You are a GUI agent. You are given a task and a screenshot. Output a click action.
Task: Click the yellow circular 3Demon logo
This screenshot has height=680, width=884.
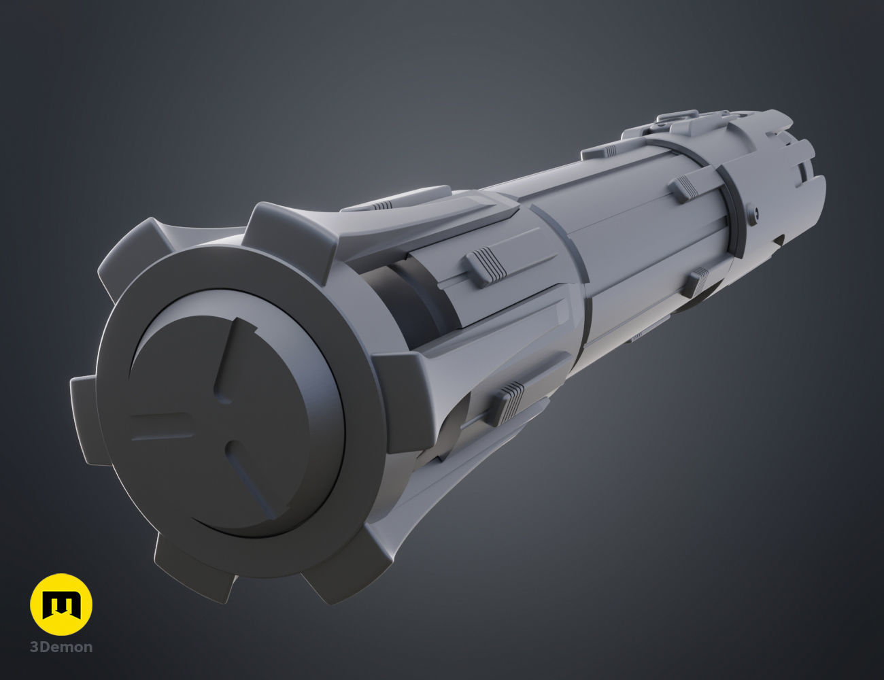click(61, 604)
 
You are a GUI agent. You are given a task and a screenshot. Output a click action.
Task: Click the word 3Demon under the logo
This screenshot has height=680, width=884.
click(61, 647)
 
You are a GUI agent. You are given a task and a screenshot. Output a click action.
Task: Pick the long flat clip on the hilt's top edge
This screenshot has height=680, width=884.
click(602, 152)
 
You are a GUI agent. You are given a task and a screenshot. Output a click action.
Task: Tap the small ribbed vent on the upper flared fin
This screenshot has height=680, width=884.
click(382, 204)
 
